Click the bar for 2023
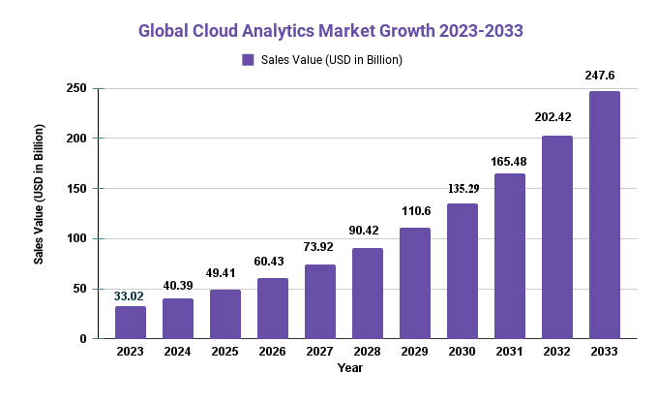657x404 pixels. pyautogui.click(x=131, y=323)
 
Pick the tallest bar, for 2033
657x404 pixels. pyautogui.click(x=605, y=215)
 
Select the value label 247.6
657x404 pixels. pyautogui.click(x=605, y=75)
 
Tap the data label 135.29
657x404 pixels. pyautogui.click(x=463, y=188)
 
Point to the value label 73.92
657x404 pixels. pyautogui.click(x=320, y=248)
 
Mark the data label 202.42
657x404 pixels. pyautogui.click(x=557, y=117)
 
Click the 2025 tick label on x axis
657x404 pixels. pyautogui.click(x=225, y=351)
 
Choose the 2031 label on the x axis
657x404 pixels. pyautogui.click(x=510, y=351)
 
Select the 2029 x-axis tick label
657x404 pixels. pyautogui.click(x=415, y=351)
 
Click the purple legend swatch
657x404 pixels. pyautogui.click(x=248, y=60)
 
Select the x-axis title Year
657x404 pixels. pyautogui.click(x=349, y=368)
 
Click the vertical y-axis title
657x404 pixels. pyautogui.click(x=40, y=194)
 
